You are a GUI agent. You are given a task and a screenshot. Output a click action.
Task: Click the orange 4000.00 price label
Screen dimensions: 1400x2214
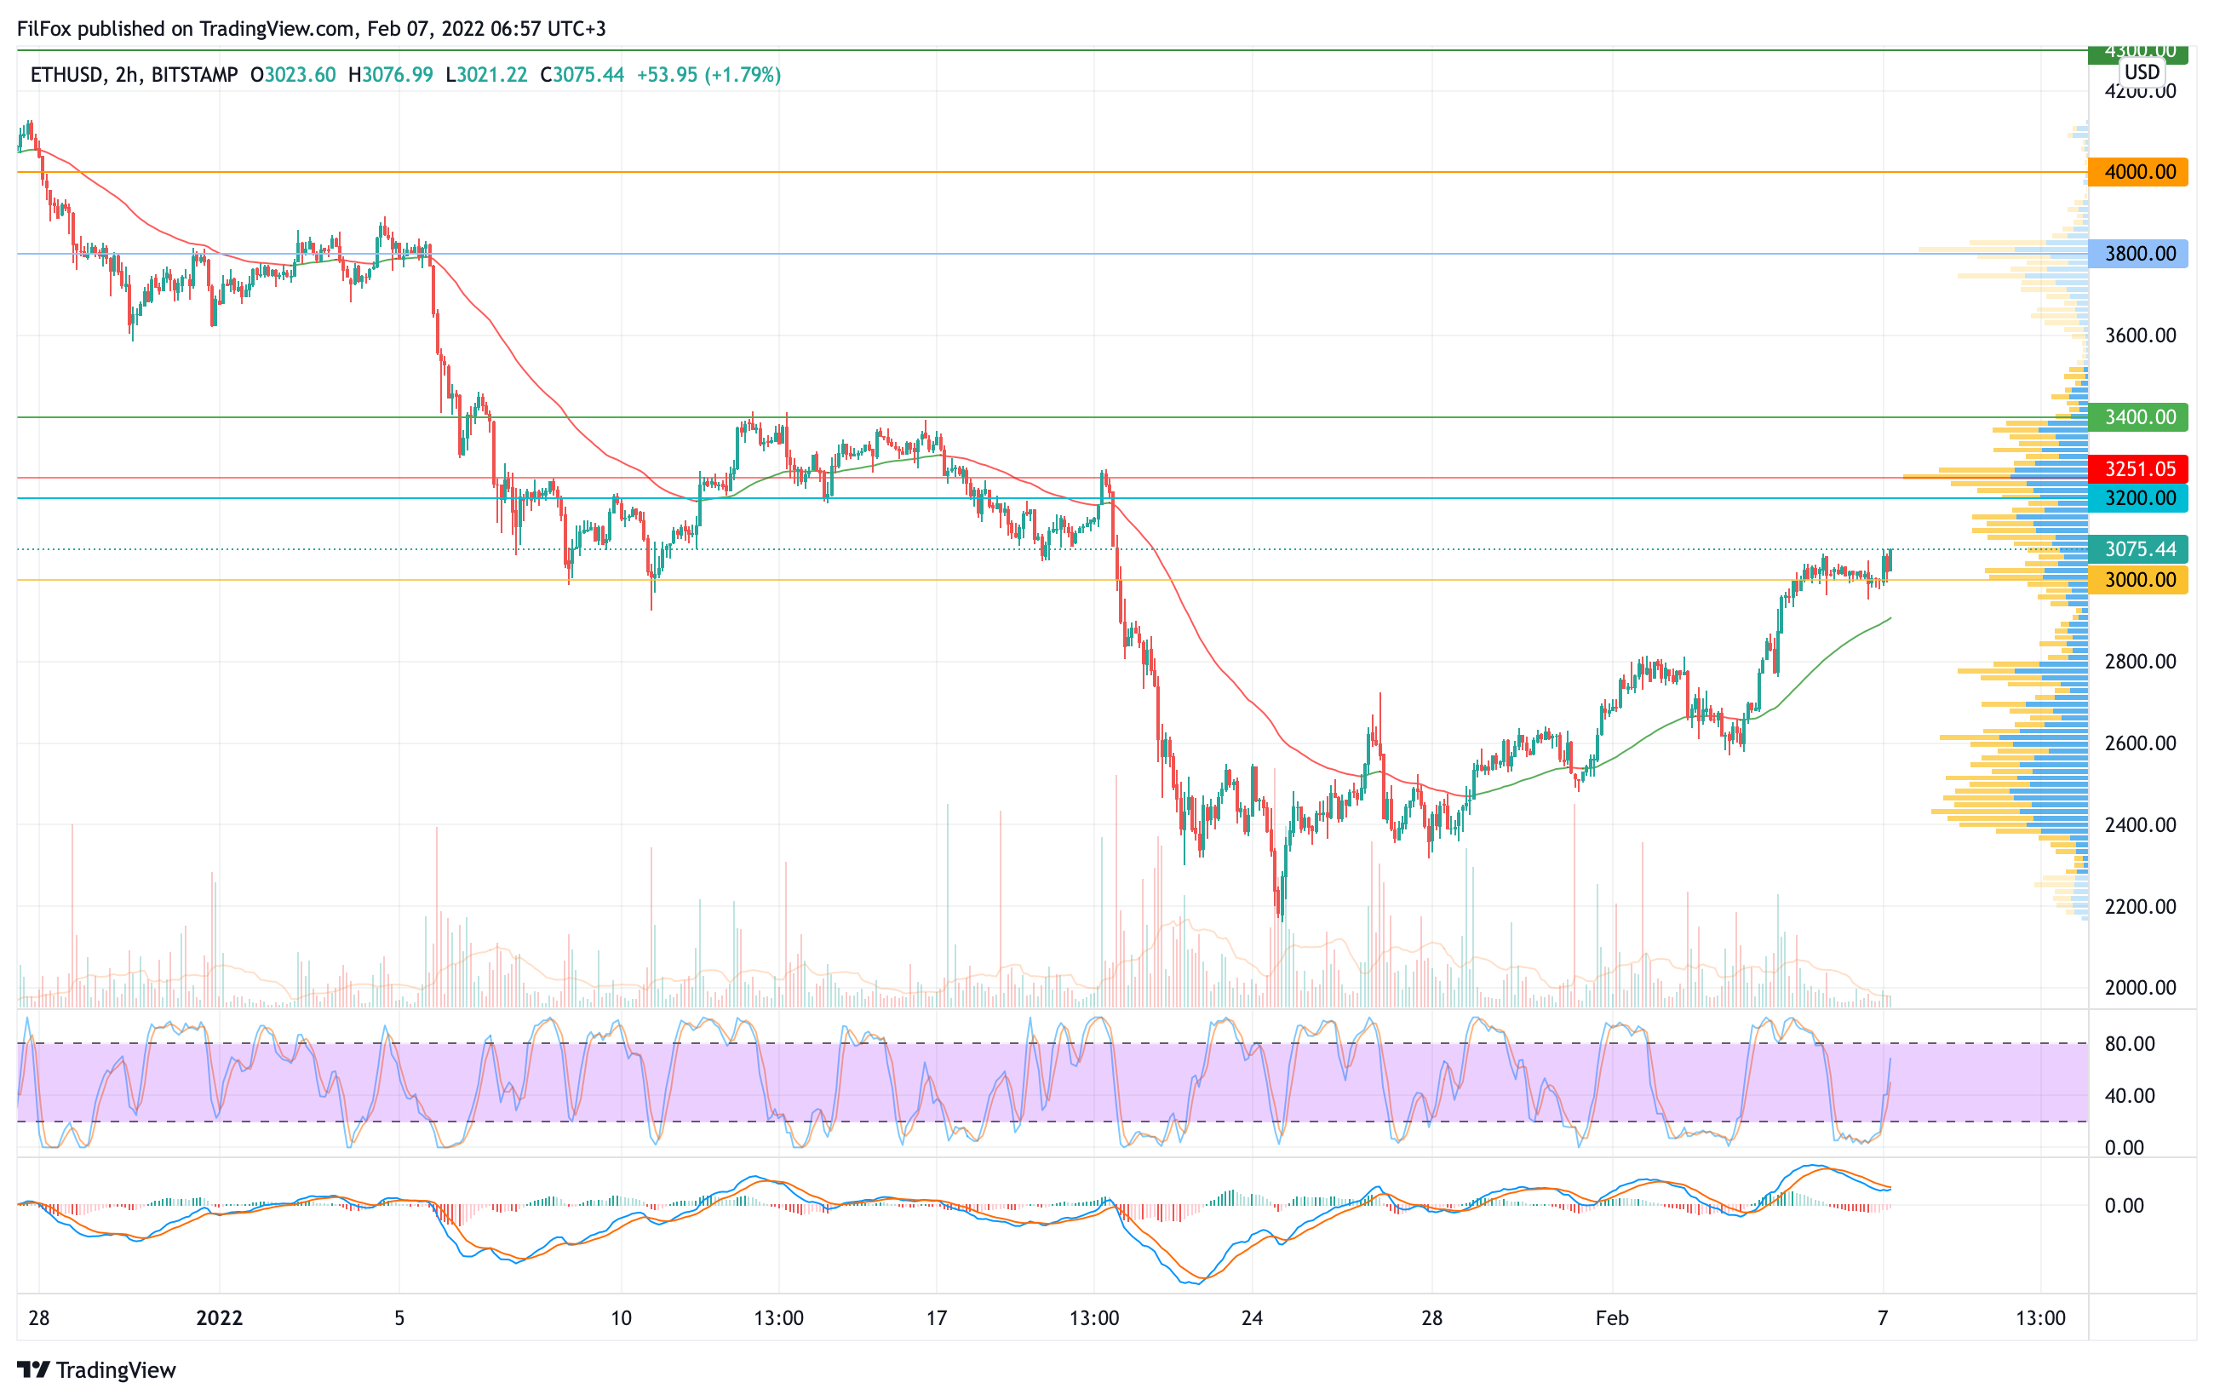tap(2137, 172)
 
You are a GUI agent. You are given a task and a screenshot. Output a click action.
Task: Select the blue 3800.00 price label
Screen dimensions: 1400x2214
tap(2137, 254)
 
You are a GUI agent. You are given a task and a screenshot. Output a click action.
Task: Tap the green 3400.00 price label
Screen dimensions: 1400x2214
tap(2137, 417)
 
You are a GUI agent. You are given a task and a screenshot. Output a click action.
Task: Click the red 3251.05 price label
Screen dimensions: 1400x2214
tap(2137, 469)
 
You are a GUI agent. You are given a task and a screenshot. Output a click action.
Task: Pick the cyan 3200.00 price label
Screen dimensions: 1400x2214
tap(2137, 498)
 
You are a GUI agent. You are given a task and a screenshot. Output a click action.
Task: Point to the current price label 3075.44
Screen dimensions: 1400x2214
tap(2137, 550)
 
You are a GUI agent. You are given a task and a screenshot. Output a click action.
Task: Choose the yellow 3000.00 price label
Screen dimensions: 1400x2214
tap(2137, 580)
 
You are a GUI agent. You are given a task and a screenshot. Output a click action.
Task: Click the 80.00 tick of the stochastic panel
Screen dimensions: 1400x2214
tap(2130, 1043)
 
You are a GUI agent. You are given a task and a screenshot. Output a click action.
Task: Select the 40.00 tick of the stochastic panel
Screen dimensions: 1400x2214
tap(2130, 1096)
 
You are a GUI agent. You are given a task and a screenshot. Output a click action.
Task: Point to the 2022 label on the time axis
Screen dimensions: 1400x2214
tap(219, 1318)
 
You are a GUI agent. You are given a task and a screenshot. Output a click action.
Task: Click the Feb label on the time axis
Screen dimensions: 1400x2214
tap(1612, 1318)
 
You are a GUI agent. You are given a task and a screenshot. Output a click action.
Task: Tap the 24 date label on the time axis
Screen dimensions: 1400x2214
tap(1252, 1318)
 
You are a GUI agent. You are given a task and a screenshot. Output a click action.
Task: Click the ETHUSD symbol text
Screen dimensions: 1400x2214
tap(66, 74)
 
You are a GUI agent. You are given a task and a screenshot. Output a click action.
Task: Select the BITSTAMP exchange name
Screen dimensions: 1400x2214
tap(194, 74)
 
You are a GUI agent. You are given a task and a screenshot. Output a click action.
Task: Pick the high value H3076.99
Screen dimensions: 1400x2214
tap(390, 74)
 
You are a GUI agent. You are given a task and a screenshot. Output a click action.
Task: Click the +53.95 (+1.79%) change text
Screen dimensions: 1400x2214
tap(708, 74)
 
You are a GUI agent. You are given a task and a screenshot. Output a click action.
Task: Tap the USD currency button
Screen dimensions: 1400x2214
tap(2142, 72)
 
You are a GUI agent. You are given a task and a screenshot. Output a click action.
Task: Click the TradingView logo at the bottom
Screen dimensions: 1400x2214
tap(96, 1369)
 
